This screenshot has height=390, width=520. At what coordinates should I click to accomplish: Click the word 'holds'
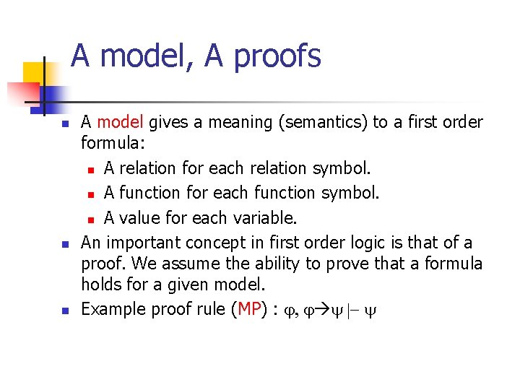coord(103,287)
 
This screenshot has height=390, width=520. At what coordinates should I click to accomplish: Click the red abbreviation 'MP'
coord(249,310)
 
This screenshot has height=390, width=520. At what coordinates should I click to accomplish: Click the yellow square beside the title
coord(34,74)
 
